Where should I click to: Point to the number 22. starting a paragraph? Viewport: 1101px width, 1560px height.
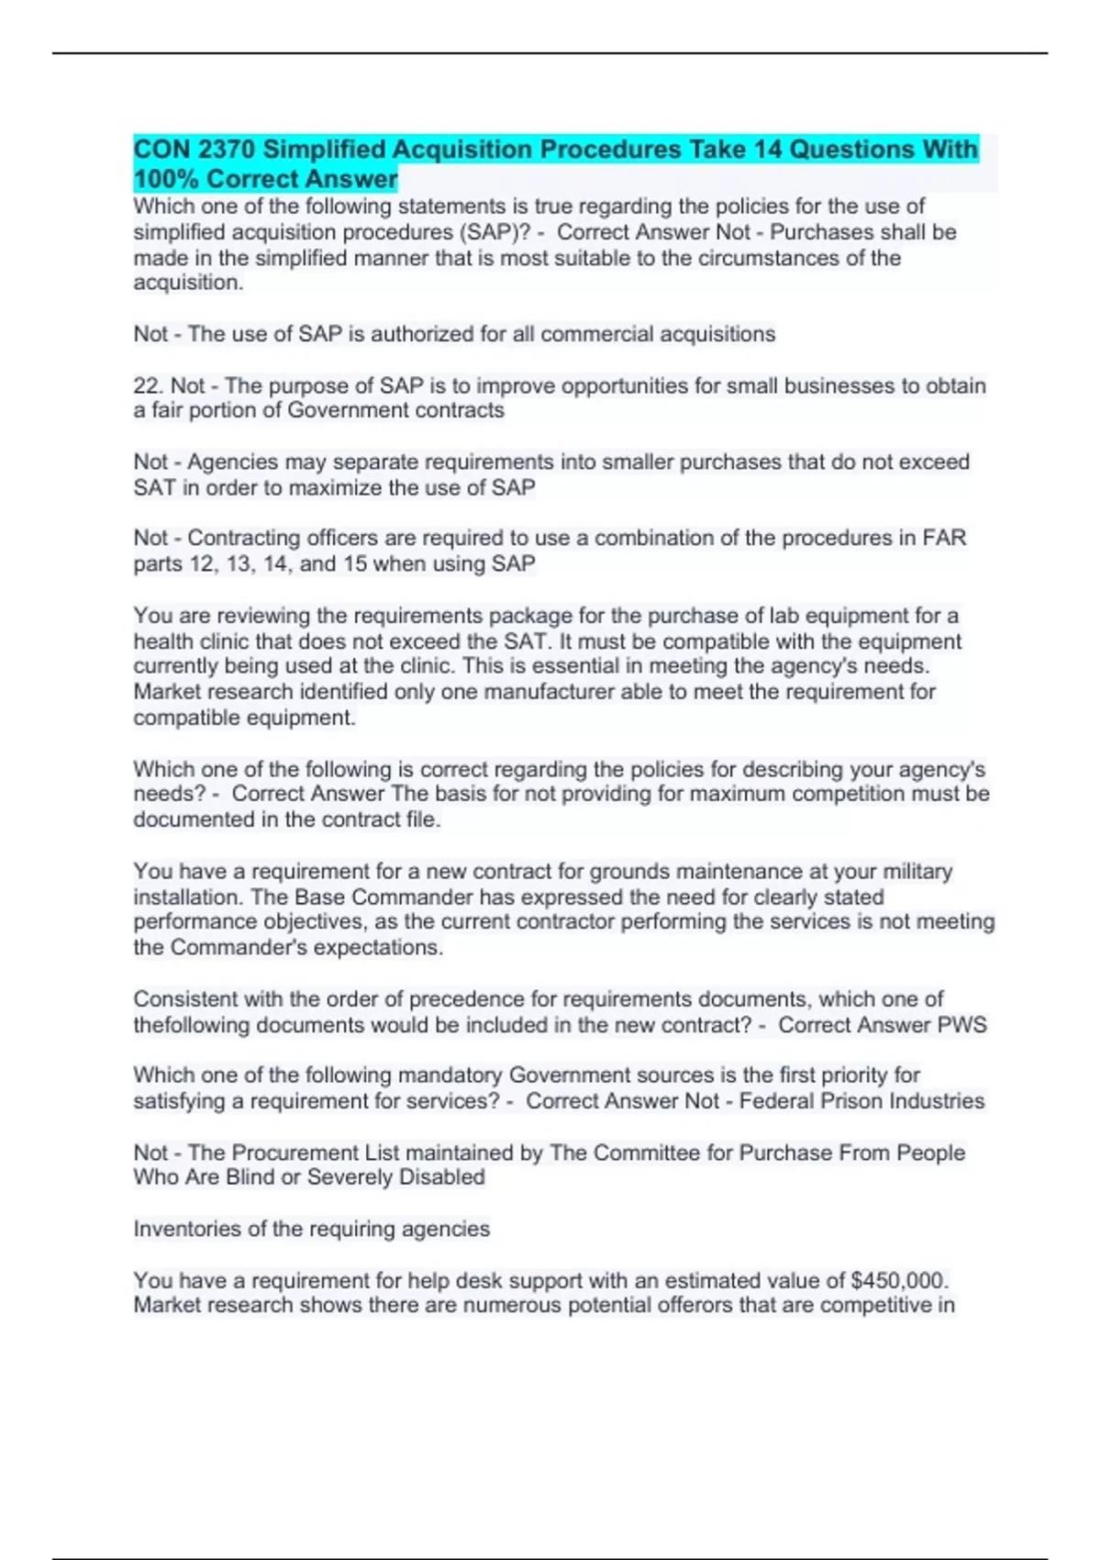point(149,385)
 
